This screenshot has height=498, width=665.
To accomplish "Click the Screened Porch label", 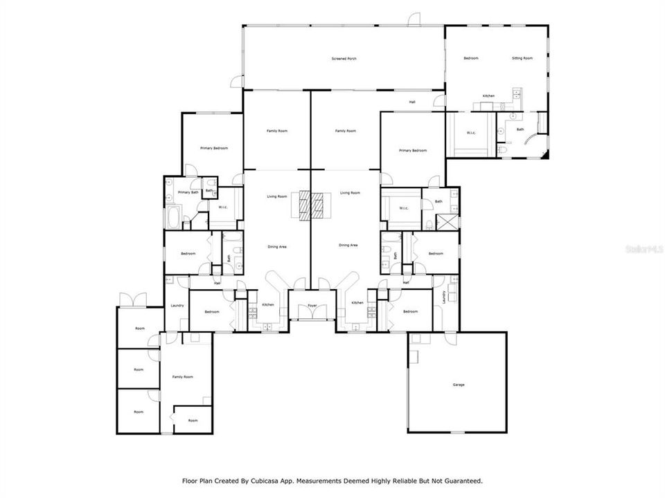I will pos(344,59).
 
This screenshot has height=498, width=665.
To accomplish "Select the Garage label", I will pos(458,385).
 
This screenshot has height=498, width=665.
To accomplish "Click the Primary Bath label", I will pos(188,192).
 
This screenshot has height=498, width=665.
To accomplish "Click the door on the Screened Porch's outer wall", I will pos(414,19).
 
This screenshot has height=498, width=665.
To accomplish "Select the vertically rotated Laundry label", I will pos(443,297).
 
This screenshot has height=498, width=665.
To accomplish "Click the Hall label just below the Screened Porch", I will pos(412,102).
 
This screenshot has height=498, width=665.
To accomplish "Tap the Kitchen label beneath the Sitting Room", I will pos(488,95).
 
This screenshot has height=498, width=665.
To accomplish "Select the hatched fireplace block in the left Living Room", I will pos(302,205).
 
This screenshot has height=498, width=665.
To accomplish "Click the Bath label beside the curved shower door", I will pos(520,129).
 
